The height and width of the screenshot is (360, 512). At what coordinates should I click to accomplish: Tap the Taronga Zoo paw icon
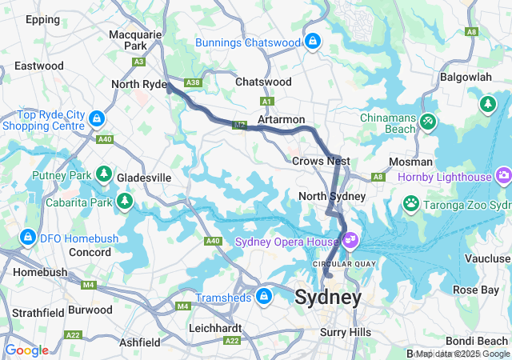(411, 204)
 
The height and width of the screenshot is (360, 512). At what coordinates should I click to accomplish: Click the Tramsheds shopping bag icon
(263, 298)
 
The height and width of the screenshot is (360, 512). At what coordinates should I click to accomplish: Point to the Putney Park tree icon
(103, 174)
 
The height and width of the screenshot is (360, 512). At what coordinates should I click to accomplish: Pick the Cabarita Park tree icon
(124, 200)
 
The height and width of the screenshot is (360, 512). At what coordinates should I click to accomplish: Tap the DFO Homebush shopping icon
(28, 238)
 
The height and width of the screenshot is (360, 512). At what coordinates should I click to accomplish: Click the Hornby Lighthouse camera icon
(503, 174)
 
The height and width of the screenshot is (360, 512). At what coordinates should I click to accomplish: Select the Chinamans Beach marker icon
(429, 121)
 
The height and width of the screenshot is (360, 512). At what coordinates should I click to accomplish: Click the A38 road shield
(192, 82)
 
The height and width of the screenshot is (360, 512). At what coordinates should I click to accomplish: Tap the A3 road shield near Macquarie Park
(139, 61)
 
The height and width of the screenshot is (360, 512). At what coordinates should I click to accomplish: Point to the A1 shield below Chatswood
(267, 101)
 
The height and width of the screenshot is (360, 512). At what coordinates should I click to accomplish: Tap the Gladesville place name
(144, 177)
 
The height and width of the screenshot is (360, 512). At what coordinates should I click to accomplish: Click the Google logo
(26, 350)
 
